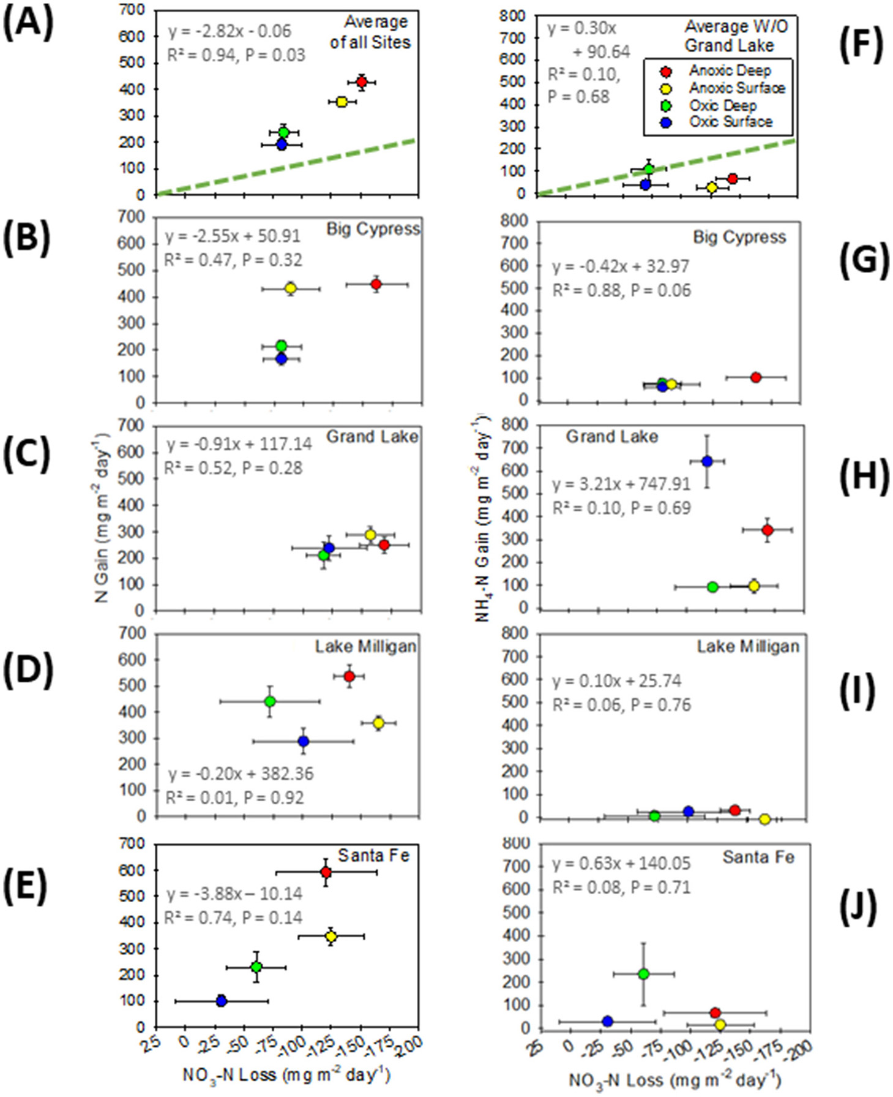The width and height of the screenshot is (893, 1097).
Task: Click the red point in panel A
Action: [x=361, y=81]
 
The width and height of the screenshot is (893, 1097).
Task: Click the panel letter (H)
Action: [x=864, y=475]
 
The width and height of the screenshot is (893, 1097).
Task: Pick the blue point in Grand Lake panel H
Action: [x=707, y=461]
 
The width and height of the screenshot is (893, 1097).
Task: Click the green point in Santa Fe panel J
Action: [x=643, y=974]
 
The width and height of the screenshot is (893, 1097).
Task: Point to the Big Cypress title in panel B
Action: [x=373, y=229]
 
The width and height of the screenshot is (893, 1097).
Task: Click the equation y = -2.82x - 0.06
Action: [x=230, y=31]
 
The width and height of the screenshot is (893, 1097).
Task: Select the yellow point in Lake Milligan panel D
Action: [x=378, y=723]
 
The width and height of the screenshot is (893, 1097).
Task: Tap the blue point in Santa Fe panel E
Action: [x=222, y=1001]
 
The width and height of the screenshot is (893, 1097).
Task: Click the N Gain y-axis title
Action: [x=102, y=518]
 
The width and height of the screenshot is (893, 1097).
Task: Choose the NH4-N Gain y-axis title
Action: [x=484, y=518]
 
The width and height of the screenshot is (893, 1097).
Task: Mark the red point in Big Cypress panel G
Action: [x=755, y=377]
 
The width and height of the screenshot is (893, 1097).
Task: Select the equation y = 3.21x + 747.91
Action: [x=621, y=484]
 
